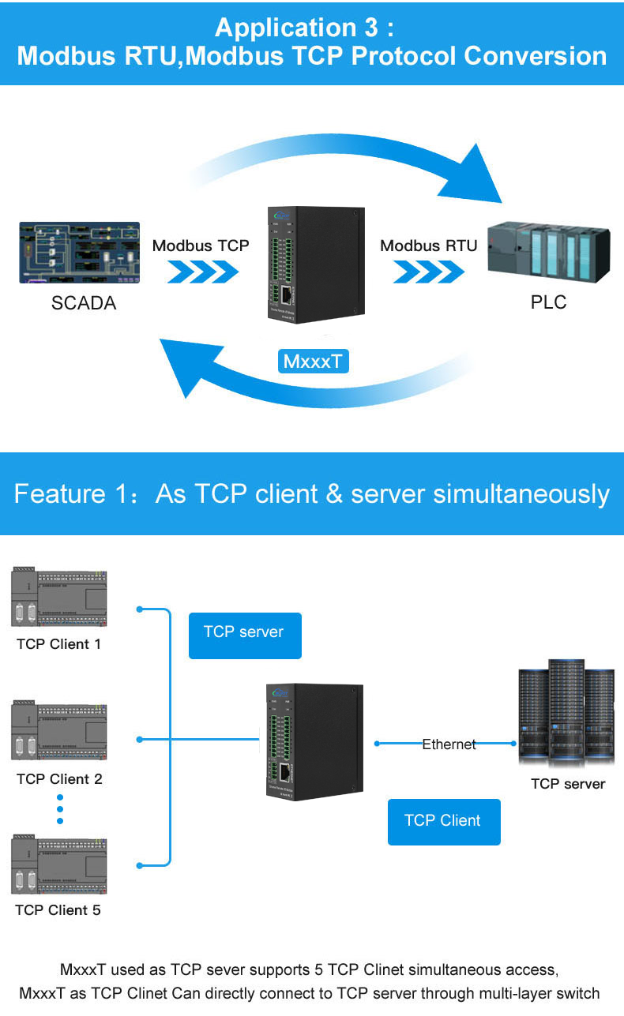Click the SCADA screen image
[79, 252]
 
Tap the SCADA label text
[84, 303]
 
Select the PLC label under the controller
[548, 302]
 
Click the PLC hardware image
[548, 251]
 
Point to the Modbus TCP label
[201, 246]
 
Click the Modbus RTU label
[429, 246]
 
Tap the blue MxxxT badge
[314, 362]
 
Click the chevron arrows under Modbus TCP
[202, 272]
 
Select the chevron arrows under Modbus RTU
[429, 272]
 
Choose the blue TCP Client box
[443, 822]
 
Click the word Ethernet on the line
[449, 744]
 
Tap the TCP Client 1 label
[59, 644]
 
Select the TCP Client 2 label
[59, 779]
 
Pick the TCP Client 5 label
[58, 910]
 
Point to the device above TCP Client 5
[59, 864]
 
